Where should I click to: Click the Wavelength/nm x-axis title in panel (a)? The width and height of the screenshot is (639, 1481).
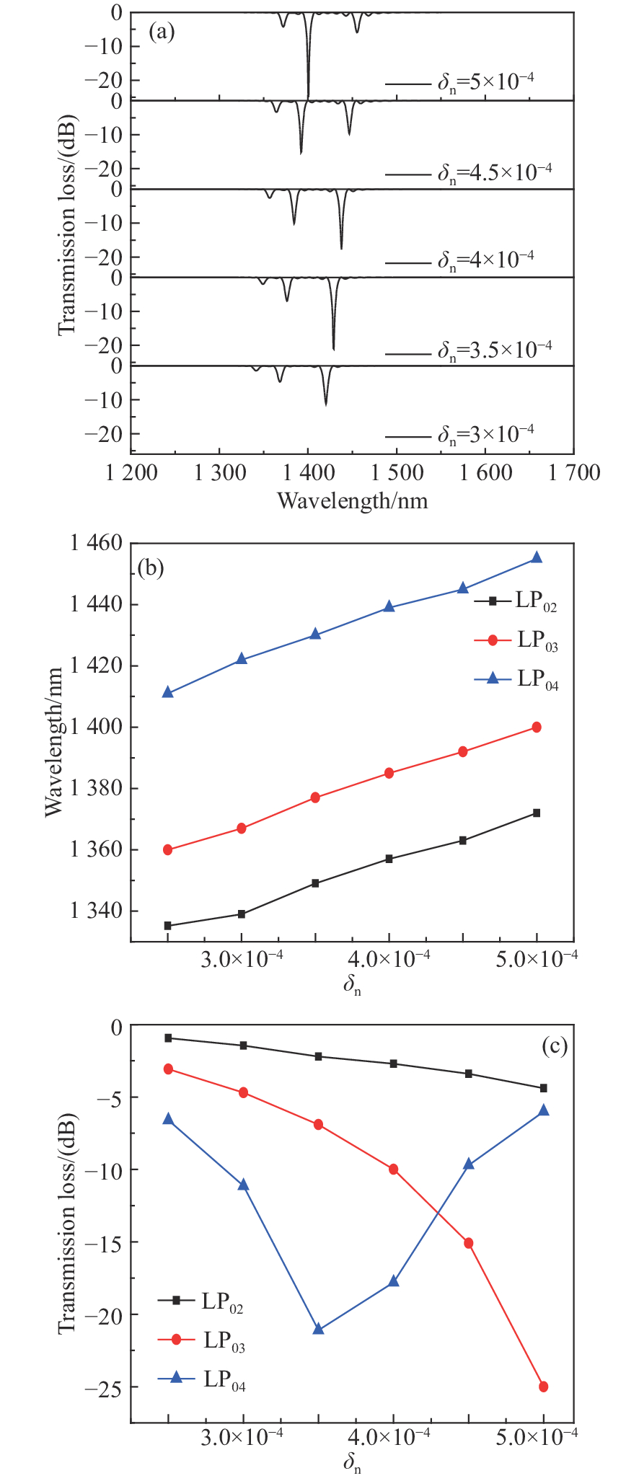[352, 500]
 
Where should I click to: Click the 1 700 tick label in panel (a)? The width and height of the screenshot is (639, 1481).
[573, 472]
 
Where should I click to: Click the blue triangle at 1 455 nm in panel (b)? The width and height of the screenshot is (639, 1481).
[537, 557]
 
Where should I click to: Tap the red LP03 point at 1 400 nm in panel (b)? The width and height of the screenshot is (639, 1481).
[537, 727]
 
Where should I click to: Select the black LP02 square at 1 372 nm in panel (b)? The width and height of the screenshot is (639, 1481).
[537, 813]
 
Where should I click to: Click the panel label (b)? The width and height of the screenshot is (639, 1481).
[151, 568]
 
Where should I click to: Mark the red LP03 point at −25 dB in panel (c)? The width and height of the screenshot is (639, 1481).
[543, 1387]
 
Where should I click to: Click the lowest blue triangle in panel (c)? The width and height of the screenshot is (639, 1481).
[318, 1328]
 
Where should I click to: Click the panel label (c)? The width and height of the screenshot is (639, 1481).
[553, 1046]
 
